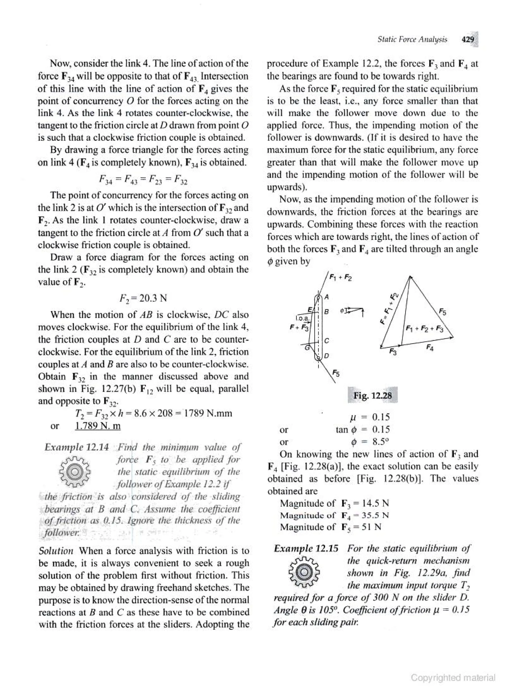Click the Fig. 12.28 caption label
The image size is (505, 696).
click(372, 396)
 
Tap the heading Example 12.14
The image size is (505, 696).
click(76, 447)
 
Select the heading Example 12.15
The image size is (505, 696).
click(306, 548)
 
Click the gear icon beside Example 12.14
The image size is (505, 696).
click(74, 472)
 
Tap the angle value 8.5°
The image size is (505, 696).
click(381, 442)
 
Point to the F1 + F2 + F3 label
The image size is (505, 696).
click(425, 330)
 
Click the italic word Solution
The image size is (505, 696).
click(56, 551)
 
